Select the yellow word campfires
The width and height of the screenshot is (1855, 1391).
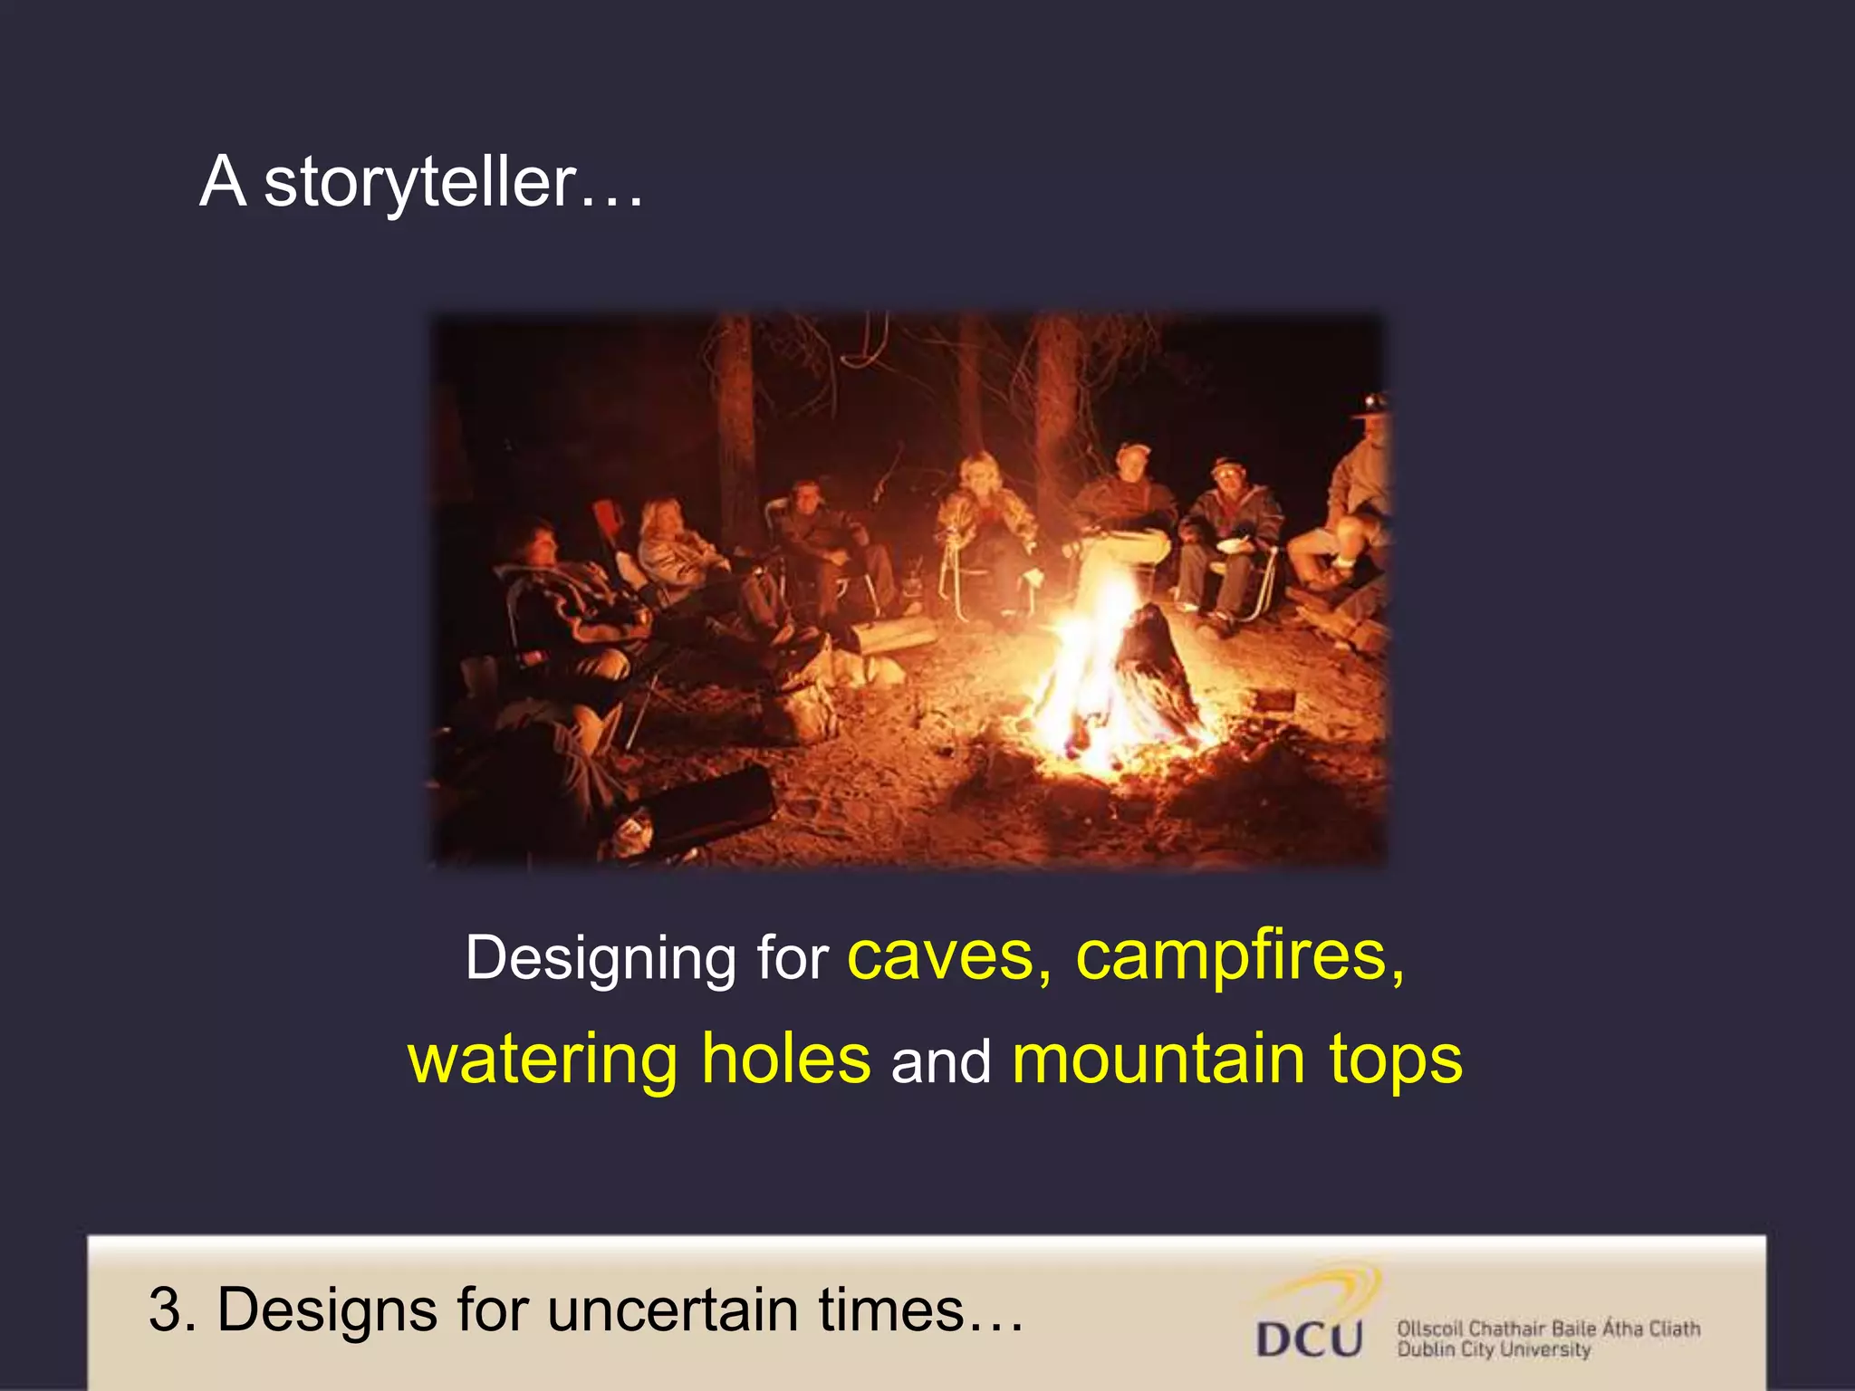[1232, 957]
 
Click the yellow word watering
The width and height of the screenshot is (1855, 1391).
[543, 1060]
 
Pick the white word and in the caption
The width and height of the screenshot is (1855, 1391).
[941, 1060]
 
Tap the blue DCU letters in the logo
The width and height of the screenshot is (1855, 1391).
[1309, 1338]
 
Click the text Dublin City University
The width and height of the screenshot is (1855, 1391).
[1494, 1350]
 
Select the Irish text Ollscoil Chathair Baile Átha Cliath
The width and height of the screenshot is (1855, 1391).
[1548, 1329]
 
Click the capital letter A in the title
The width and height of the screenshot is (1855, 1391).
[223, 182]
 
